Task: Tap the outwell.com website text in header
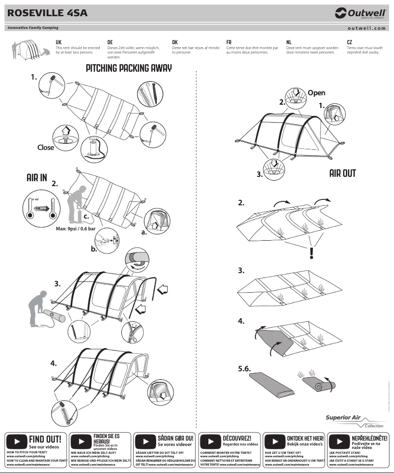tap(366, 28)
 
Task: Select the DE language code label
tap(110, 43)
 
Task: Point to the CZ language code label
tap(349, 43)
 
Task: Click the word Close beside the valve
tap(46, 147)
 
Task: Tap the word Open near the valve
tap(316, 93)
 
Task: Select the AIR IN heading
tap(37, 178)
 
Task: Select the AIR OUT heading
tap(342, 173)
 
